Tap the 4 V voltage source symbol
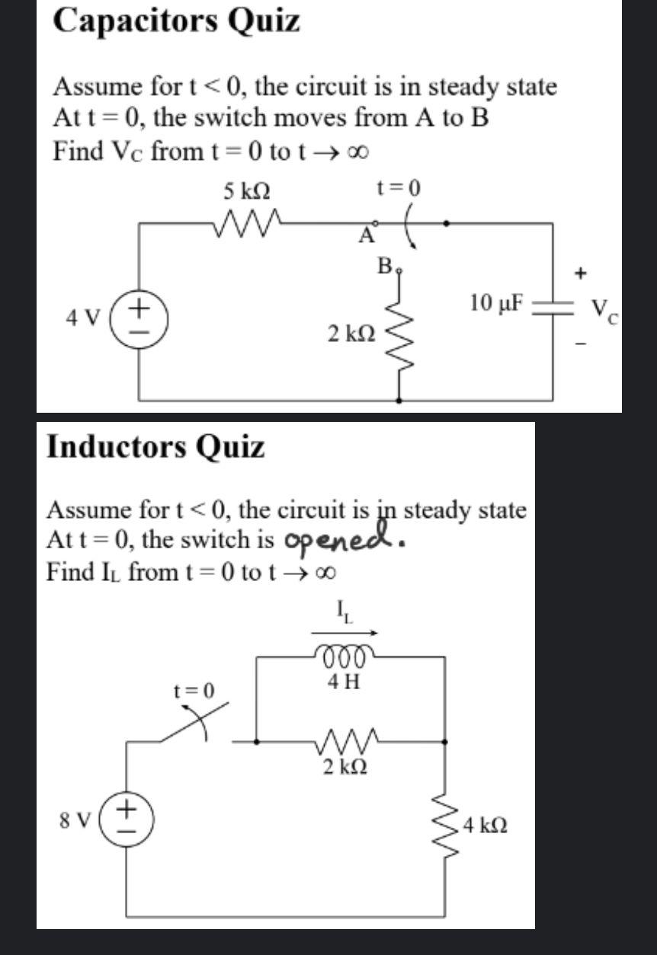(x=138, y=314)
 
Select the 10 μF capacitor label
(x=497, y=303)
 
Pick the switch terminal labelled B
(x=386, y=267)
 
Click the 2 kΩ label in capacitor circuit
(x=351, y=334)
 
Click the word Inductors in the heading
(x=114, y=446)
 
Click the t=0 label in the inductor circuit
(x=194, y=690)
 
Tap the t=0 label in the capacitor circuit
(x=398, y=187)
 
